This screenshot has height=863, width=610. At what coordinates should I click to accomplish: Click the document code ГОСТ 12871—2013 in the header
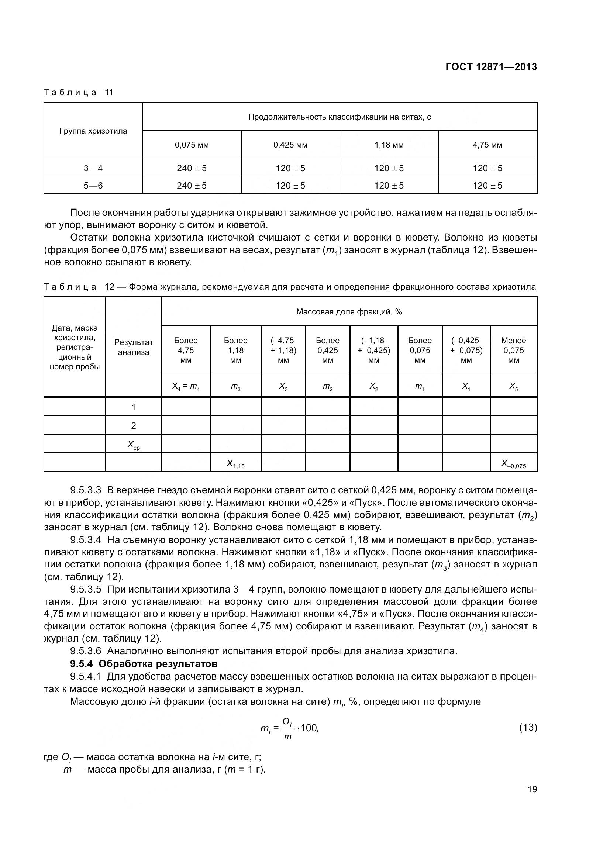coord(491,67)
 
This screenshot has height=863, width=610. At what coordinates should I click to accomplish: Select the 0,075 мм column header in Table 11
coord(192,145)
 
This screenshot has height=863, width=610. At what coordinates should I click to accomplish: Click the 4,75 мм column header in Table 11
coord(487,145)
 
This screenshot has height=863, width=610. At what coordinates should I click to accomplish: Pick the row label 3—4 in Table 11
coord(93,168)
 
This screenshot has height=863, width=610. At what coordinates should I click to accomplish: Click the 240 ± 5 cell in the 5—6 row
coord(192,185)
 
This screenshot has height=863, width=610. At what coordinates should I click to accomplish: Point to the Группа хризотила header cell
coord(93,131)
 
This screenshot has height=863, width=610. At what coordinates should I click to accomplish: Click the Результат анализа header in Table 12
coord(134,347)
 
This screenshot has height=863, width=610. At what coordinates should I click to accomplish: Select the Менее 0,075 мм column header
coord(513,350)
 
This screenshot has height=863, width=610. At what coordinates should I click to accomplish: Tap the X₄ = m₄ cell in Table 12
coord(186,386)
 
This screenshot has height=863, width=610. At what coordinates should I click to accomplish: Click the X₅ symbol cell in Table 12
coord(513,386)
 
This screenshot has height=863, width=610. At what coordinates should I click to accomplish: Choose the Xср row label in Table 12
coord(134,445)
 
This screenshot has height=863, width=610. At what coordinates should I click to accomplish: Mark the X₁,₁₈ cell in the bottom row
coord(235,464)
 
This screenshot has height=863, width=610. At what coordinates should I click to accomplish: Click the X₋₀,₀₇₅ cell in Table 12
coord(513,464)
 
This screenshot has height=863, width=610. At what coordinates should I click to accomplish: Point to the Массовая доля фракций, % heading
coord(349,312)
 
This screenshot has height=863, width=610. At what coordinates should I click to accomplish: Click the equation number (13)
coord(528,727)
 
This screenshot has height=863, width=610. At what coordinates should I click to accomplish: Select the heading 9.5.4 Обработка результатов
coord(144,663)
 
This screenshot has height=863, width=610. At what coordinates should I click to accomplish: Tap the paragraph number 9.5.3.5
coord(86,589)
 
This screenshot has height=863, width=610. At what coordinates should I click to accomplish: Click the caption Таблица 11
coord(79,93)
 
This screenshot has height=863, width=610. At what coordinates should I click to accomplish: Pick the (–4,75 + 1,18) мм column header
coord(283,350)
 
